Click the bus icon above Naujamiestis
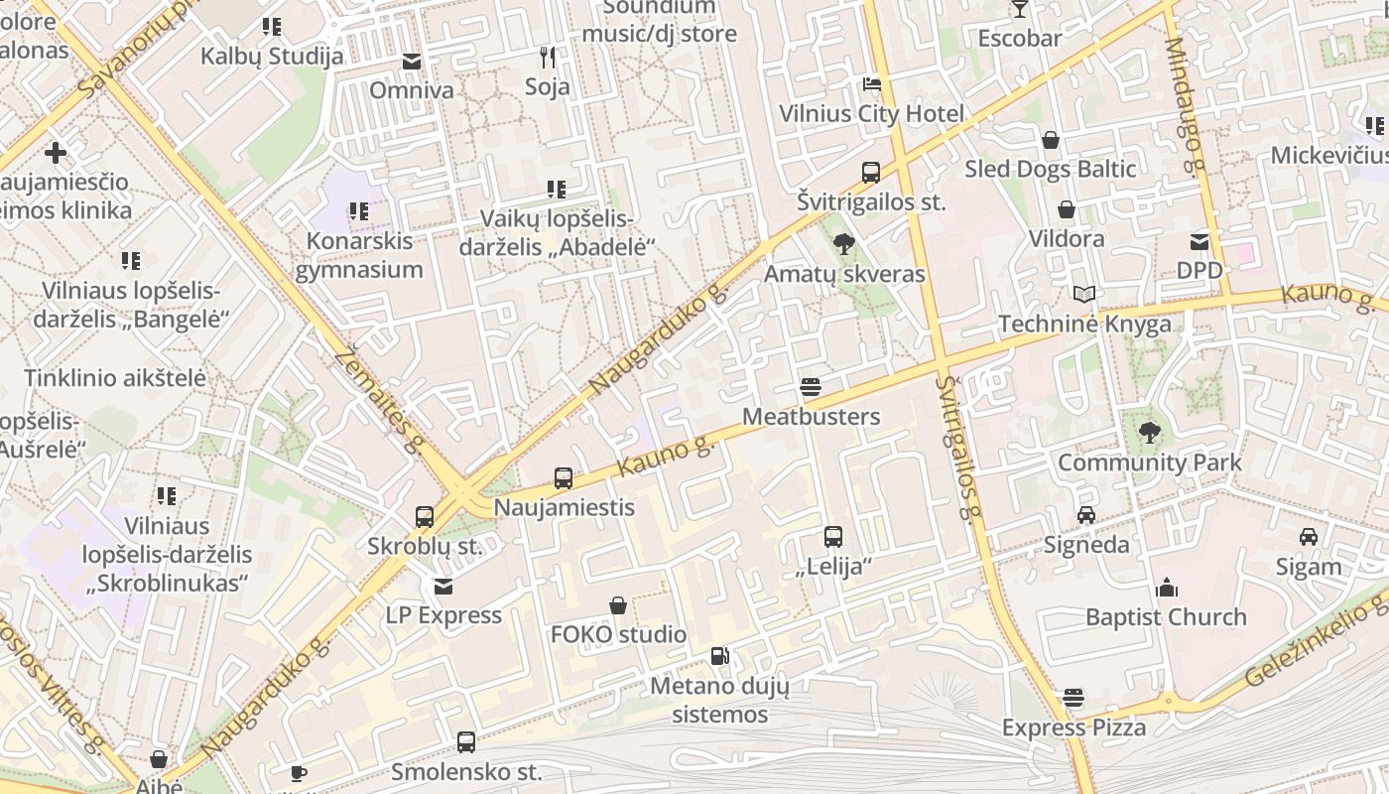pyautogui.click(x=564, y=478)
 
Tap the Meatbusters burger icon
pyautogui.click(x=811, y=387)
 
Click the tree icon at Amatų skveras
pyautogui.click(x=844, y=243)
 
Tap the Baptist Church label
pyautogui.click(x=1166, y=617)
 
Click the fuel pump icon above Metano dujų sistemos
pyautogui.click(x=720, y=656)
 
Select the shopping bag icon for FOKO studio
pyautogui.click(x=618, y=605)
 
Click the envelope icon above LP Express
pyautogui.click(x=443, y=587)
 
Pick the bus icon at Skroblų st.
pyautogui.click(x=425, y=517)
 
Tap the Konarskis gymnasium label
pyautogui.click(x=358, y=255)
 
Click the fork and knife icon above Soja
pyautogui.click(x=547, y=57)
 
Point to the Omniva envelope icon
pyautogui.click(x=412, y=62)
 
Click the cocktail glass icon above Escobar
pyautogui.click(x=1019, y=10)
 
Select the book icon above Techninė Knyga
pyautogui.click(x=1085, y=295)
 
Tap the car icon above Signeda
pyautogui.click(x=1086, y=515)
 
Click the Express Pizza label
pyautogui.click(x=1073, y=728)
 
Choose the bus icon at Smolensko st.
pyautogui.click(x=465, y=741)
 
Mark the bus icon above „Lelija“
pyautogui.click(x=833, y=537)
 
